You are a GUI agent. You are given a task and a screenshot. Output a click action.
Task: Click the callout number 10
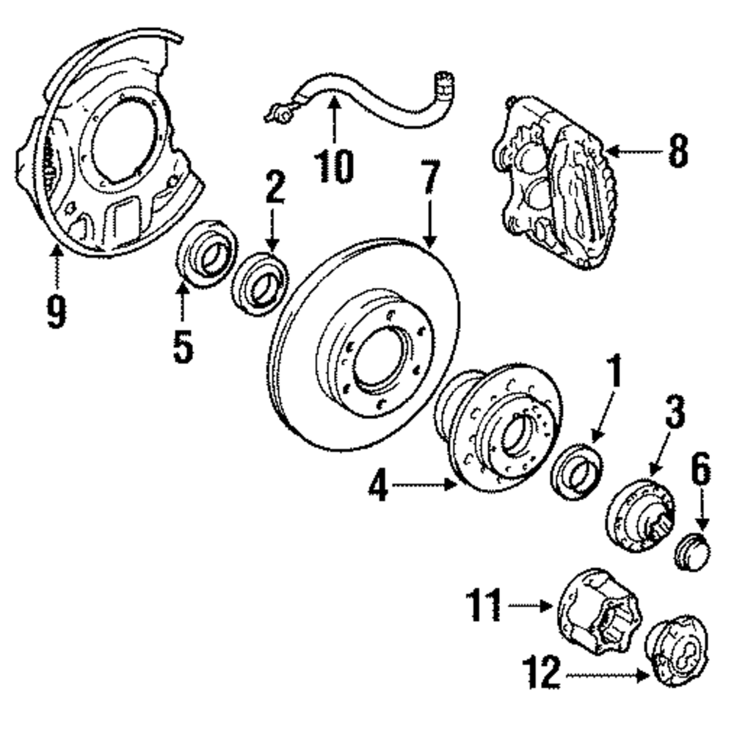[x=334, y=166]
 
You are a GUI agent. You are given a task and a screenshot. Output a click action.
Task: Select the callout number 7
[x=430, y=177]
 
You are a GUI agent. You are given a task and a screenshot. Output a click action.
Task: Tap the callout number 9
[x=56, y=310]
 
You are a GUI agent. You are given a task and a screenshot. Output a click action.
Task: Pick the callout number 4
[x=379, y=485]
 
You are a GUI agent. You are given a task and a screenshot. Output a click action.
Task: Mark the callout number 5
[x=183, y=347]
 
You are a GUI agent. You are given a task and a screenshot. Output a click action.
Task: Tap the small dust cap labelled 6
[x=692, y=552]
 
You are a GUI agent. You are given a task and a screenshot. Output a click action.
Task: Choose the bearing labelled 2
[x=260, y=284]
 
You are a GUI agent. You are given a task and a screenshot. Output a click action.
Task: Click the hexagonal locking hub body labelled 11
[x=598, y=612]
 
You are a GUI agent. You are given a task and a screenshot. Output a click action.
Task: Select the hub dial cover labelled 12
[x=676, y=650]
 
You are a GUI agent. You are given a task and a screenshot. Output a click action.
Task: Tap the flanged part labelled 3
[x=641, y=515]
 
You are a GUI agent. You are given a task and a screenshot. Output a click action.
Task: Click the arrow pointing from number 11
[x=530, y=605]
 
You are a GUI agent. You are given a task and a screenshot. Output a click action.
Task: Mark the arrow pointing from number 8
[x=634, y=152]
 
